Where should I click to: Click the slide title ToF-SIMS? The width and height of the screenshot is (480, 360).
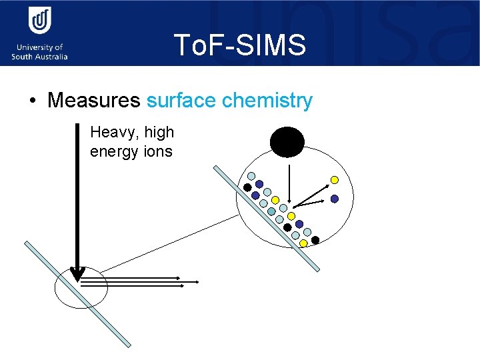(x=240, y=45)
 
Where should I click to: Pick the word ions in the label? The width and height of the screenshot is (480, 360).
(x=157, y=151)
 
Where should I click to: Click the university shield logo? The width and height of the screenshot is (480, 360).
(x=39, y=22)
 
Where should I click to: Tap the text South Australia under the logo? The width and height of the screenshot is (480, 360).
(x=39, y=57)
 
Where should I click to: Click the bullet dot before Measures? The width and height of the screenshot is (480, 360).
(x=32, y=101)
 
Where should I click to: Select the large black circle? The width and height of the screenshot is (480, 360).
(x=287, y=142)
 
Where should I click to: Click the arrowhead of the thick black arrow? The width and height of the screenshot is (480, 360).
(x=77, y=274)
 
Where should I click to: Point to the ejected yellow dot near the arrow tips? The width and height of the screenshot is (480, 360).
(x=335, y=180)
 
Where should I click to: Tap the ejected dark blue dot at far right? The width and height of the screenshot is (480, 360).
(x=335, y=199)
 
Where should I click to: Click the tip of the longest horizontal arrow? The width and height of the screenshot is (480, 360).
(x=199, y=282)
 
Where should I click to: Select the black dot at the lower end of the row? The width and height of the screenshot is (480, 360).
(x=315, y=239)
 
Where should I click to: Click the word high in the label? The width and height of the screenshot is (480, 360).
(x=159, y=133)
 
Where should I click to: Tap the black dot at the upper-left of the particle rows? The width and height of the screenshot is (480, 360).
(x=247, y=187)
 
